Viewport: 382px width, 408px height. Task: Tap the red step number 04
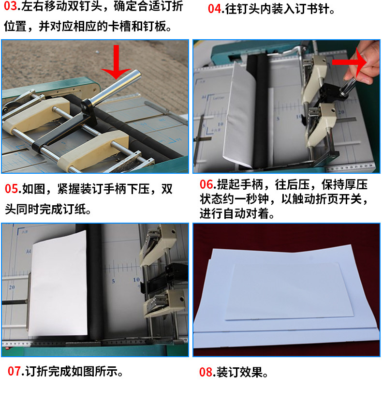click(214, 9)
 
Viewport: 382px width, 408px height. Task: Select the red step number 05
click(12, 189)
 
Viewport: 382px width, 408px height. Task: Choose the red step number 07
click(14, 372)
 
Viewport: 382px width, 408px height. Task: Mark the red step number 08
click(206, 372)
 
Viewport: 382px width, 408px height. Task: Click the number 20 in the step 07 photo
click(12, 287)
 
